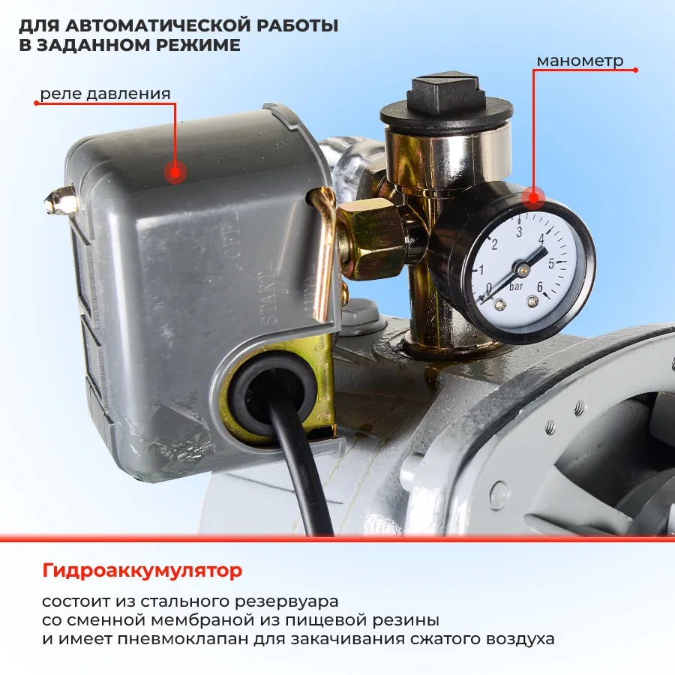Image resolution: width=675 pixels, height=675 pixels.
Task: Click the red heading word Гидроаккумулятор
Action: click(x=142, y=571)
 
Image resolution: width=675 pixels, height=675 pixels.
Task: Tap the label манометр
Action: click(x=580, y=61)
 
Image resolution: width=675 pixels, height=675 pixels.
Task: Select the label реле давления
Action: click(x=106, y=94)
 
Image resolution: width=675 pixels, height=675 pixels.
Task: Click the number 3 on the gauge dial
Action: click(x=519, y=232)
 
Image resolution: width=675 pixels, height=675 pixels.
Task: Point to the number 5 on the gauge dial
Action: click(x=551, y=264)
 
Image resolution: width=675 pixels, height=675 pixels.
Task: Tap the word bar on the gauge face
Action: click(x=516, y=286)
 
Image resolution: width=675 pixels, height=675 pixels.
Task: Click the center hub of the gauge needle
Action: click(x=523, y=269)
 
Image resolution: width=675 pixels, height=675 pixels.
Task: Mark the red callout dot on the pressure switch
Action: click(x=175, y=172)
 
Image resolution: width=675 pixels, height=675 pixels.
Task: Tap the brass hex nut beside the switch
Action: click(x=370, y=240)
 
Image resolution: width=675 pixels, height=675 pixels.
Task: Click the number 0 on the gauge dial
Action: click(x=488, y=287)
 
